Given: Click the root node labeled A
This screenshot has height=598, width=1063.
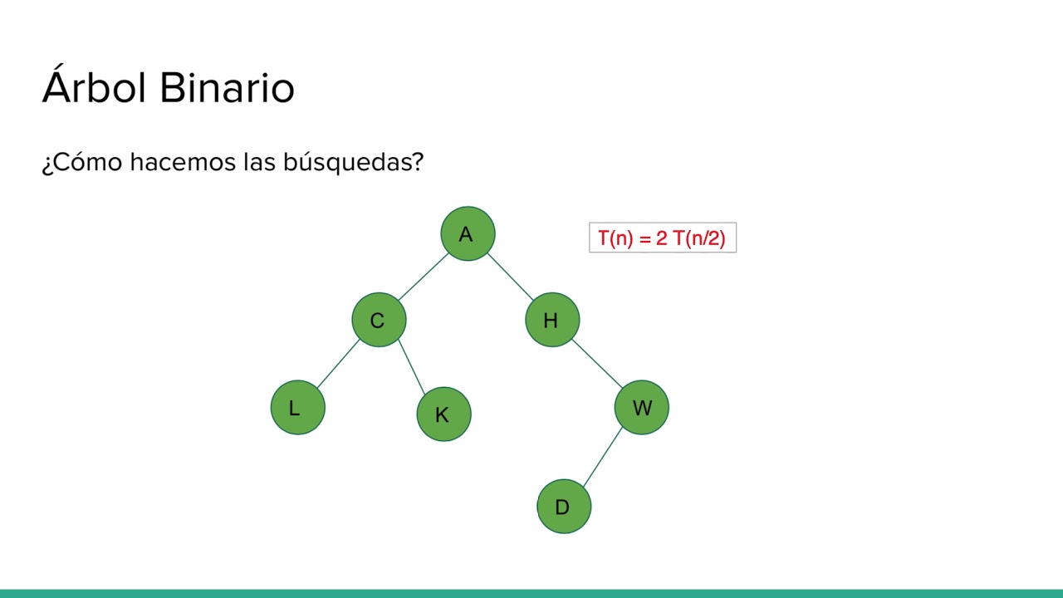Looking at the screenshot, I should pyautogui.click(x=468, y=233).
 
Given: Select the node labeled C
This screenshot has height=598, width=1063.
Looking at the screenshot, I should pyautogui.click(x=379, y=320).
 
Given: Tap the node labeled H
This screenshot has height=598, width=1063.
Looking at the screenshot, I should pyautogui.click(x=552, y=320).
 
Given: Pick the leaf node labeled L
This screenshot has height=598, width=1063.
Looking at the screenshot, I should pyautogui.click(x=297, y=407).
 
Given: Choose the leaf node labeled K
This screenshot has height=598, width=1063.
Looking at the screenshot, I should pyautogui.click(x=443, y=414).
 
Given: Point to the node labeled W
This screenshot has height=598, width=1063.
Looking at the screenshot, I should pyautogui.click(x=641, y=407).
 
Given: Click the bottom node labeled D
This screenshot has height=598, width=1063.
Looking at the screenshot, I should pyautogui.click(x=564, y=506).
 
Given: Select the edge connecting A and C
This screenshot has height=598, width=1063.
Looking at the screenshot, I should pyautogui.click(x=423, y=277).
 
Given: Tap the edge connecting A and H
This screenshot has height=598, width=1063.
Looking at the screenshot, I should pyautogui.click(x=510, y=277).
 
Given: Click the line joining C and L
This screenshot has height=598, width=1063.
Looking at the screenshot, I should pyautogui.click(x=338, y=364).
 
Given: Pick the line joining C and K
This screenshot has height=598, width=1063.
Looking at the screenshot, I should pyautogui.click(x=411, y=366).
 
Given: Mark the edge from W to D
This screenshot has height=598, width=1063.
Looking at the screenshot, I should pyautogui.click(x=602, y=457).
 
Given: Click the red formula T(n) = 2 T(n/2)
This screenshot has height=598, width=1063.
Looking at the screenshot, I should pyautogui.click(x=662, y=238).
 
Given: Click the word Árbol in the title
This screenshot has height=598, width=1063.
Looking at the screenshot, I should pyautogui.click(x=94, y=87).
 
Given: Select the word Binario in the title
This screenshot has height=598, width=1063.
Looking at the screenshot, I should pyautogui.click(x=226, y=87).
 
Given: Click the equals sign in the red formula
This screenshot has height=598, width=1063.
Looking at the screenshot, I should pyautogui.click(x=645, y=239).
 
